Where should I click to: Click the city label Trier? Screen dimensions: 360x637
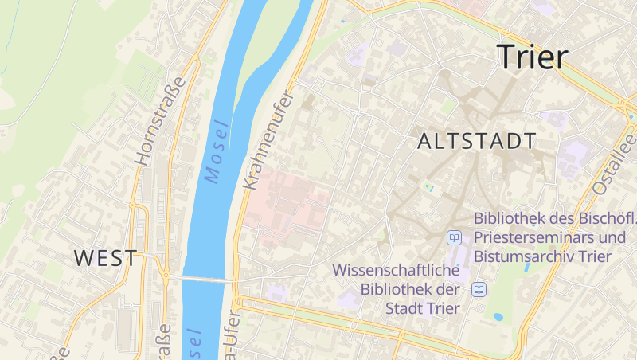tap(532, 57)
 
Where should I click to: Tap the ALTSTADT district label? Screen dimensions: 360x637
tap(476, 142)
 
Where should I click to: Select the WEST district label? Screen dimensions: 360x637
tap(105, 257)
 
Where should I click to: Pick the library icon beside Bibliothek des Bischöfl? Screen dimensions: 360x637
tap(455, 237)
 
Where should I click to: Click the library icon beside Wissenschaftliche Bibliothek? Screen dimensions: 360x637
tap(479, 289)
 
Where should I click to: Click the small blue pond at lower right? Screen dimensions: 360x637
tap(498, 316)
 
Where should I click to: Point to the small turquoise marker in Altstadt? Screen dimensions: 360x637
tap(429, 187)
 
